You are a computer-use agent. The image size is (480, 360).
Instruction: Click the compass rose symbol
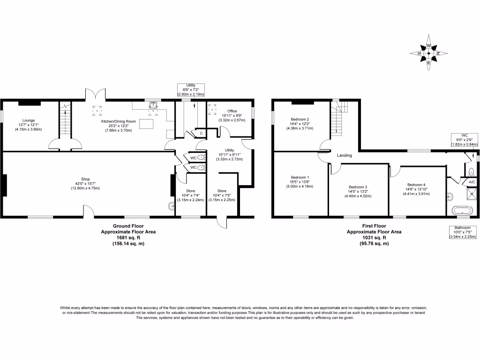(428, 53)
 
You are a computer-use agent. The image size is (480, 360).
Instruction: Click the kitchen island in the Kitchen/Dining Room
(147, 124)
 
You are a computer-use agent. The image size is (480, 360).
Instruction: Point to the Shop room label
(85, 179)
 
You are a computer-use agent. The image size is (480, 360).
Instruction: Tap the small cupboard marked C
(201, 134)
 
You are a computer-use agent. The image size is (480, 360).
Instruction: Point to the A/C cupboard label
(472, 181)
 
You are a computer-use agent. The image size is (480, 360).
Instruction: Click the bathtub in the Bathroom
(463, 210)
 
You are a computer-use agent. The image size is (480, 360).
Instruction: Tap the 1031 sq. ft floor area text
(374, 237)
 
